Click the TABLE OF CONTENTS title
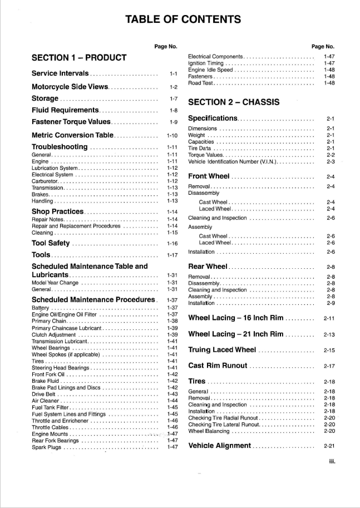[x=183, y=20]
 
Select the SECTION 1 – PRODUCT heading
[x=79, y=57]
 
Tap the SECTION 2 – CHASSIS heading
[x=234, y=102]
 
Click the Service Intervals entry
[x=60, y=73]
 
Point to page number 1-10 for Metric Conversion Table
[x=172, y=135]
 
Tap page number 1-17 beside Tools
[x=172, y=255]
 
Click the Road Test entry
[x=200, y=83]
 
